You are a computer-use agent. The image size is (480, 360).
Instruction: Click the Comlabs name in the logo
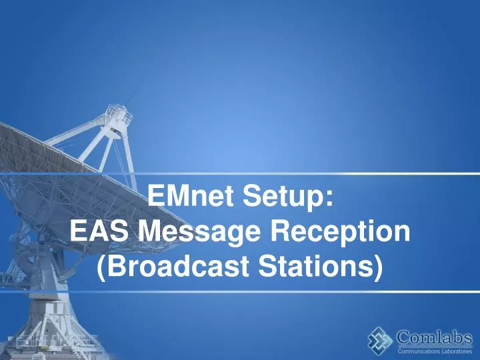(x=435, y=337)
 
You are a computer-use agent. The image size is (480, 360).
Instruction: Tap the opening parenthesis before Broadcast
(x=101, y=267)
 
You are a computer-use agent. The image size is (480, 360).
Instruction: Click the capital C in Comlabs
(x=404, y=337)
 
